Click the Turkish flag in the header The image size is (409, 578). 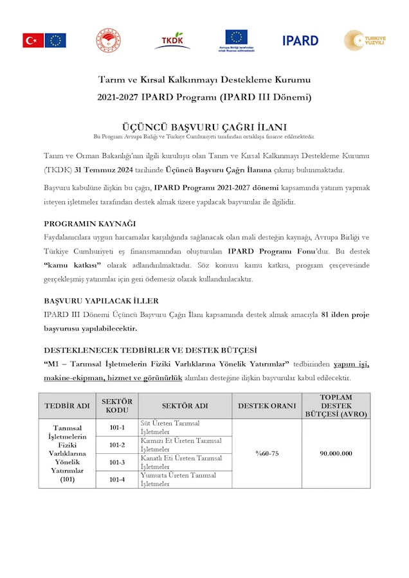point(33,41)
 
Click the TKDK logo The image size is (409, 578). point(172,40)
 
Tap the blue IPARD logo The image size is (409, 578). point(300,41)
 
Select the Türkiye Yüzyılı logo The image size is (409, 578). point(365,41)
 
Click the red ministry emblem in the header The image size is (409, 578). point(109,40)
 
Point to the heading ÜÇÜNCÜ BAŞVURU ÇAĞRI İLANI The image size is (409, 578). point(204,127)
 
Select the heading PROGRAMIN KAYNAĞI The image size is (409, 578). point(89,223)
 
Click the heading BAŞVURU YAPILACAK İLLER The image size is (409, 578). point(101,300)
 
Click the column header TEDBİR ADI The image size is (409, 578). point(68,406)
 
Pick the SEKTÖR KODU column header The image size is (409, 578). point(117,406)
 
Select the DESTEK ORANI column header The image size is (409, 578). point(267,406)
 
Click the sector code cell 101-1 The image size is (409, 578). point(117,428)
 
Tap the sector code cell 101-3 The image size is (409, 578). point(117,462)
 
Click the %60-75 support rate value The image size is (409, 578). point(267,453)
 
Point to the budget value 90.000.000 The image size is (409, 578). point(336,453)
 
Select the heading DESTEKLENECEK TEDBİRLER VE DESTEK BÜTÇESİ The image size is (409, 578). point(150,350)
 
